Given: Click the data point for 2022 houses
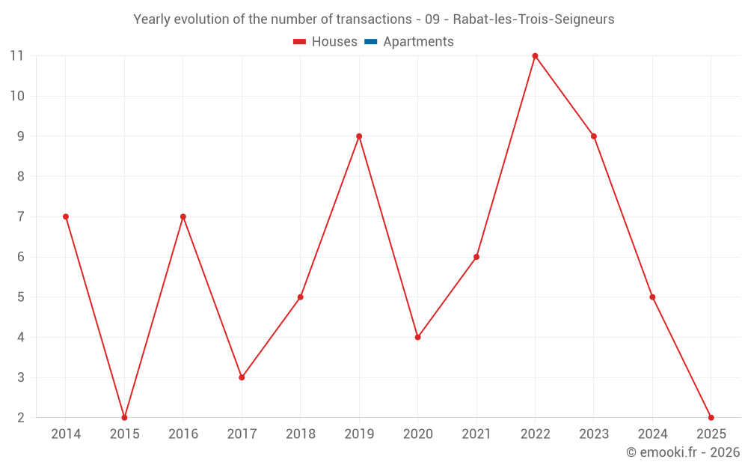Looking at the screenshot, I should [x=535, y=56].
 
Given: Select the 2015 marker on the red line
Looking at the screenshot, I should [x=124, y=417].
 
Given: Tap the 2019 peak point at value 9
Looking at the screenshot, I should [x=359, y=136].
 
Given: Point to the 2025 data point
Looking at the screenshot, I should [x=711, y=417].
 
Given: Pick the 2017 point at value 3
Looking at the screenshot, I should [x=242, y=377].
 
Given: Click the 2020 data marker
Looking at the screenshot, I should [x=417, y=337].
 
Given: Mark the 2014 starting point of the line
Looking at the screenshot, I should [x=66, y=216].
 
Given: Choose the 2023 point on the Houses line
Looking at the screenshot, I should [x=594, y=136].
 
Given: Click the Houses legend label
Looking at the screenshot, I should [x=334, y=42].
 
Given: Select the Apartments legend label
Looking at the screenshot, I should [x=418, y=42].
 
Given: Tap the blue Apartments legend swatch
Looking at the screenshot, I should [x=370, y=42].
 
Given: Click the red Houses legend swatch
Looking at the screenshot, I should [x=300, y=42].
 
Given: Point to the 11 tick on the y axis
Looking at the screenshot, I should [x=17, y=56].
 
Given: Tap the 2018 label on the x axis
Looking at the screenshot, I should [x=300, y=434].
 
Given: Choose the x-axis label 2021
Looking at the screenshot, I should [x=476, y=434].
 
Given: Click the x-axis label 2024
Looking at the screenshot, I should [x=652, y=434].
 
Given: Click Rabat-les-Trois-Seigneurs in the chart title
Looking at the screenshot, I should [x=533, y=19].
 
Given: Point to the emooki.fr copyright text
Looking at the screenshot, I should [x=683, y=452].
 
